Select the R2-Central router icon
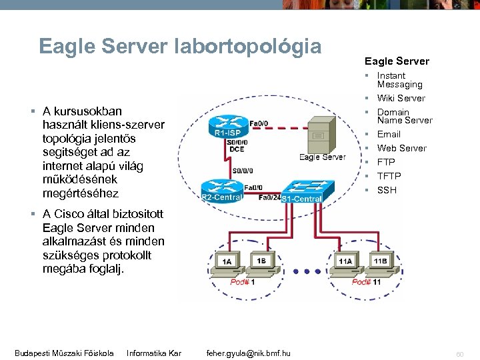pos(222,188)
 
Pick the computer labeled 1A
pos(227,262)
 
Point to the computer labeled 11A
pos(345,262)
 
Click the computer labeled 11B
pos(380,262)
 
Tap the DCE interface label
pos(237,149)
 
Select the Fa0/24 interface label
pos(269,197)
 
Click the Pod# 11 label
pos(366,282)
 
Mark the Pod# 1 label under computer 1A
pos(243,282)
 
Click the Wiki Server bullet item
pos(401,98)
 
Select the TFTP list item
pos(389,176)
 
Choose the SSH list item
pos(387,190)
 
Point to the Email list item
pos(389,134)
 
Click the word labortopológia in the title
pos(247,46)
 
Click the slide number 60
pos(460,353)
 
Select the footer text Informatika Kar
pos(154,353)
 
